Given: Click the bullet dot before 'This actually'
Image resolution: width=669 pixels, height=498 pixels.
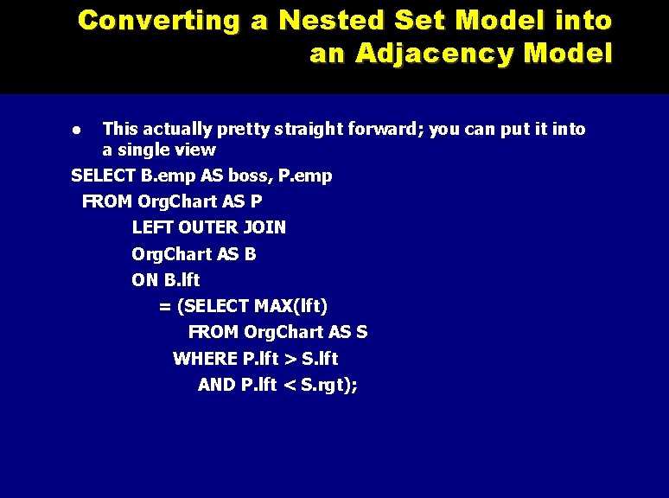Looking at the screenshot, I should click(x=76, y=130).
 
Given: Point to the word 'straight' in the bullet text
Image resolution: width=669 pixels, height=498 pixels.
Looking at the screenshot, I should click(x=309, y=130).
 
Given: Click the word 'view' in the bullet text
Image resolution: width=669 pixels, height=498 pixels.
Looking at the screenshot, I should click(x=196, y=150).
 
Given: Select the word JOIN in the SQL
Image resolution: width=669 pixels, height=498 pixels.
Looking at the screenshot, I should click(x=264, y=228).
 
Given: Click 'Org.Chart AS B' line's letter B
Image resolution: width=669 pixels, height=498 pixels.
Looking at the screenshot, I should click(x=250, y=254).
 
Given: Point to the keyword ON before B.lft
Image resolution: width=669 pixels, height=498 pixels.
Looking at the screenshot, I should click(x=145, y=280).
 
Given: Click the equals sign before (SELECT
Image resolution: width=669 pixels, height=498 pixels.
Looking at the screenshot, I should click(x=164, y=306).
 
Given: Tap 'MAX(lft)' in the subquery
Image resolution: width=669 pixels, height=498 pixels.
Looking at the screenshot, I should click(x=294, y=306).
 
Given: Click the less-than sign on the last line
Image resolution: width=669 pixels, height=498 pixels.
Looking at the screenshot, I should click(x=290, y=385).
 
